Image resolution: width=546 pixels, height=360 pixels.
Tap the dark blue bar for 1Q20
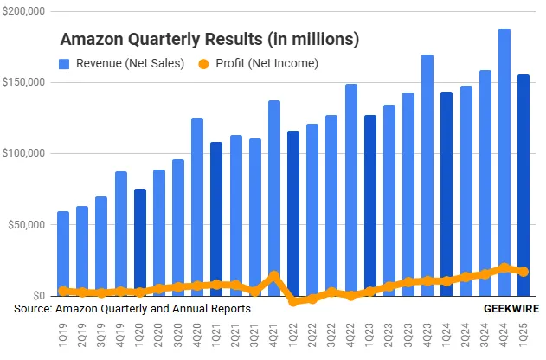pos(139,241)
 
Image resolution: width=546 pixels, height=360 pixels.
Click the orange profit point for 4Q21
pos(273,276)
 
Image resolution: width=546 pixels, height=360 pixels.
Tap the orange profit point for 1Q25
pos(523,271)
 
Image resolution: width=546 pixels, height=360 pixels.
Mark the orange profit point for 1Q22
pos(292,301)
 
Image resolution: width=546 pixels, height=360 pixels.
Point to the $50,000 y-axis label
pos(27,225)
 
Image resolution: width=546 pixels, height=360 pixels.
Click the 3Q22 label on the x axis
pos(331,332)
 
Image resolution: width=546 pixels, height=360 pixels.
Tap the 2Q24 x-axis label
pos(465,332)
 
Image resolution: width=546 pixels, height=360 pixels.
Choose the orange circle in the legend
pos(204,63)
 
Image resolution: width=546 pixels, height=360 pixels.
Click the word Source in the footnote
pos(33,308)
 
